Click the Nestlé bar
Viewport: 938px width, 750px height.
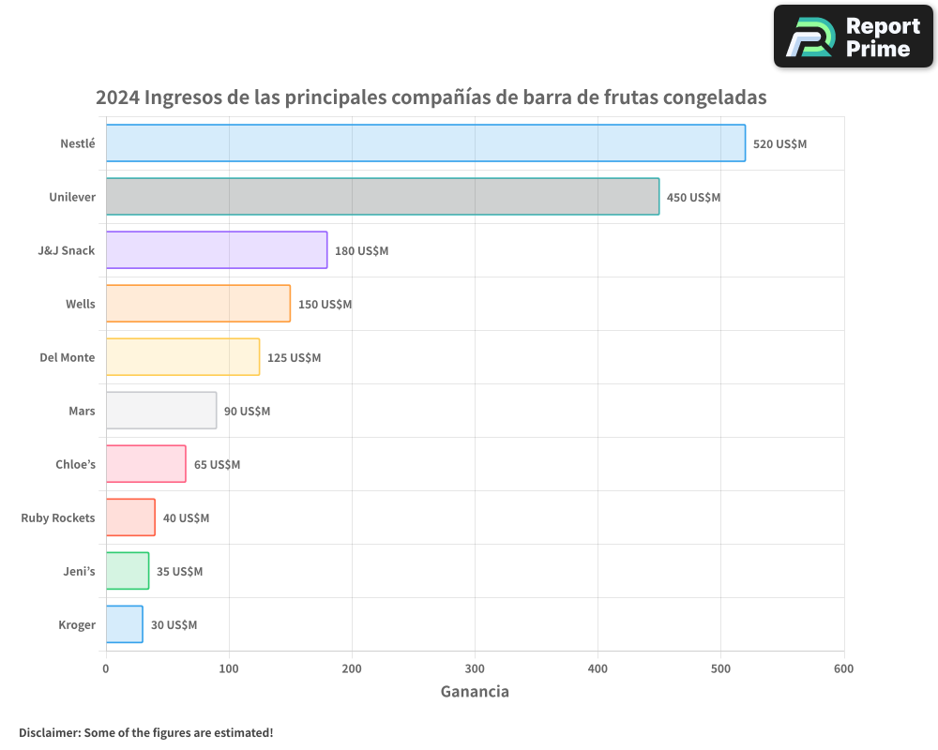425,143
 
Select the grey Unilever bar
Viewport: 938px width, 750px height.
382,197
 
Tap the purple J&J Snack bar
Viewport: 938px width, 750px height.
216,250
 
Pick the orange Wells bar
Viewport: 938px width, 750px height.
198,304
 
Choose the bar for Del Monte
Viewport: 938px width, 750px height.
182,357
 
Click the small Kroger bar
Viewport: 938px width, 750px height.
124,624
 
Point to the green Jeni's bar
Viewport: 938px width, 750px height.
127,571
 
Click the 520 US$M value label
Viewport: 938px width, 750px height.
779,144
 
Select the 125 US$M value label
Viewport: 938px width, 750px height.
294,358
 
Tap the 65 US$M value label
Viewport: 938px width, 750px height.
217,465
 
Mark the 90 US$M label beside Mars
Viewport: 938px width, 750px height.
247,412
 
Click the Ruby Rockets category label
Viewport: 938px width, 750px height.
58,518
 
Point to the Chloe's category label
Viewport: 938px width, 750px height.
75,465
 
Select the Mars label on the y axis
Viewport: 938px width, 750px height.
82,412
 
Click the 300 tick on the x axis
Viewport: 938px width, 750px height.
475,668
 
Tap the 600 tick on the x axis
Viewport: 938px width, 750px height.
843,668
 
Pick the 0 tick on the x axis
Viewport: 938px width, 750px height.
106,668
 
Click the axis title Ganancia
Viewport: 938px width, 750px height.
475,692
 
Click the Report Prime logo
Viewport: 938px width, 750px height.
853,37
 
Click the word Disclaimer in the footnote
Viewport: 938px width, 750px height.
48,733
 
